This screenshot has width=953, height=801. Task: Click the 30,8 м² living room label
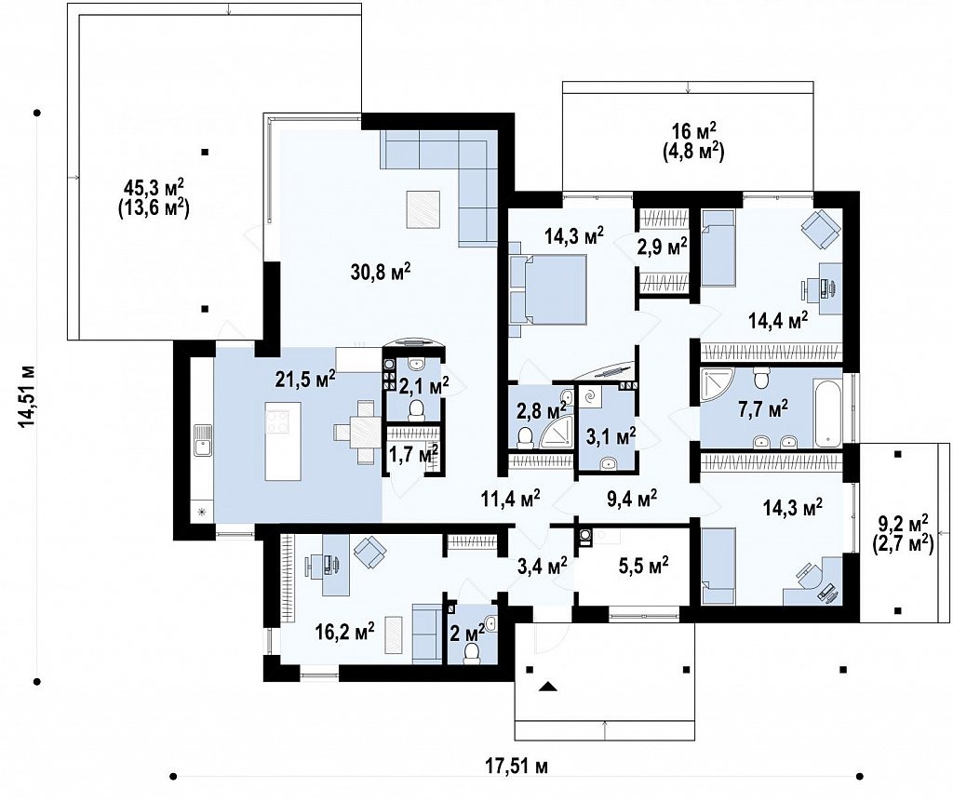tap(381, 271)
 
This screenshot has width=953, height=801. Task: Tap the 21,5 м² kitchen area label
tap(305, 380)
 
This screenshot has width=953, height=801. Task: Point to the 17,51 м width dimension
tap(517, 767)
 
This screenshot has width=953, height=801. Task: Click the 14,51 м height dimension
tap(27, 396)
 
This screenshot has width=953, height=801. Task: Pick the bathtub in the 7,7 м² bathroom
tap(828, 411)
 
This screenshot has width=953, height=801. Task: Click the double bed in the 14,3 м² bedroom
tap(549, 289)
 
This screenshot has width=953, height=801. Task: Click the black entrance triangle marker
tap(549, 687)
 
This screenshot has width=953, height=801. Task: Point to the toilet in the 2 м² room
tap(471, 651)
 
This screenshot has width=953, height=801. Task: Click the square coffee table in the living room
tap(423, 209)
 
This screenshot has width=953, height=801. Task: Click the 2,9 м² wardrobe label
tap(663, 247)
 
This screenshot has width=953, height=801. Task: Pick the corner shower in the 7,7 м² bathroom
tap(718, 385)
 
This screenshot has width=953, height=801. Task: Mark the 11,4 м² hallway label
tap(511, 499)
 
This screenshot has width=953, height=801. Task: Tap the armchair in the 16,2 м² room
tap(370, 553)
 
